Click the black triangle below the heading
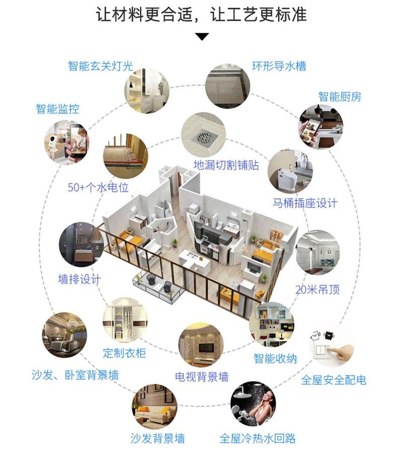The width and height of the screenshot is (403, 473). tap(201, 36)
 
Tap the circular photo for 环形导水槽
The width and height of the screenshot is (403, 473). tap(228, 86)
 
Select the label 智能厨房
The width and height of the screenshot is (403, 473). tap(340, 96)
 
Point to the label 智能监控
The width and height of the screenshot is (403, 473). tap(57, 109)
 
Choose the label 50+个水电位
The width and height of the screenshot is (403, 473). tap(98, 188)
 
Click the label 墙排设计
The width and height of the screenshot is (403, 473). tap(80, 279)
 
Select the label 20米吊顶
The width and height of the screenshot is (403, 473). tap(317, 290)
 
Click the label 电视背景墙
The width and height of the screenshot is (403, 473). tap(201, 377)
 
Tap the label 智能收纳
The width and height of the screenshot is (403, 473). tap(275, 359)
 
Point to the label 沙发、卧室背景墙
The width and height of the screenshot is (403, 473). tap(75, 375)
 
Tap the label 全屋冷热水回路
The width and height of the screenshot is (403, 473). tap(257, 438)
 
